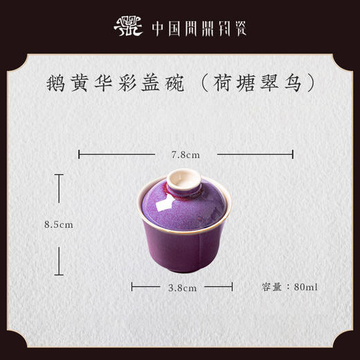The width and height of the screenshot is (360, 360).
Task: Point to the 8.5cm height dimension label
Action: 58,225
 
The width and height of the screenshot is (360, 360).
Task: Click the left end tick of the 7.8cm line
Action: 79,154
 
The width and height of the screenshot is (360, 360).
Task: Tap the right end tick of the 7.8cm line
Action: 292,154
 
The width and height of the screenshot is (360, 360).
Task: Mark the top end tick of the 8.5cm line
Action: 60,174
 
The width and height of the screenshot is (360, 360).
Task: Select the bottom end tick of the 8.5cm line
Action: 60,275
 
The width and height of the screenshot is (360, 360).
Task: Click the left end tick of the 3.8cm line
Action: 132,285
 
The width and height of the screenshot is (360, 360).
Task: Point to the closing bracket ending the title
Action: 311,82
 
